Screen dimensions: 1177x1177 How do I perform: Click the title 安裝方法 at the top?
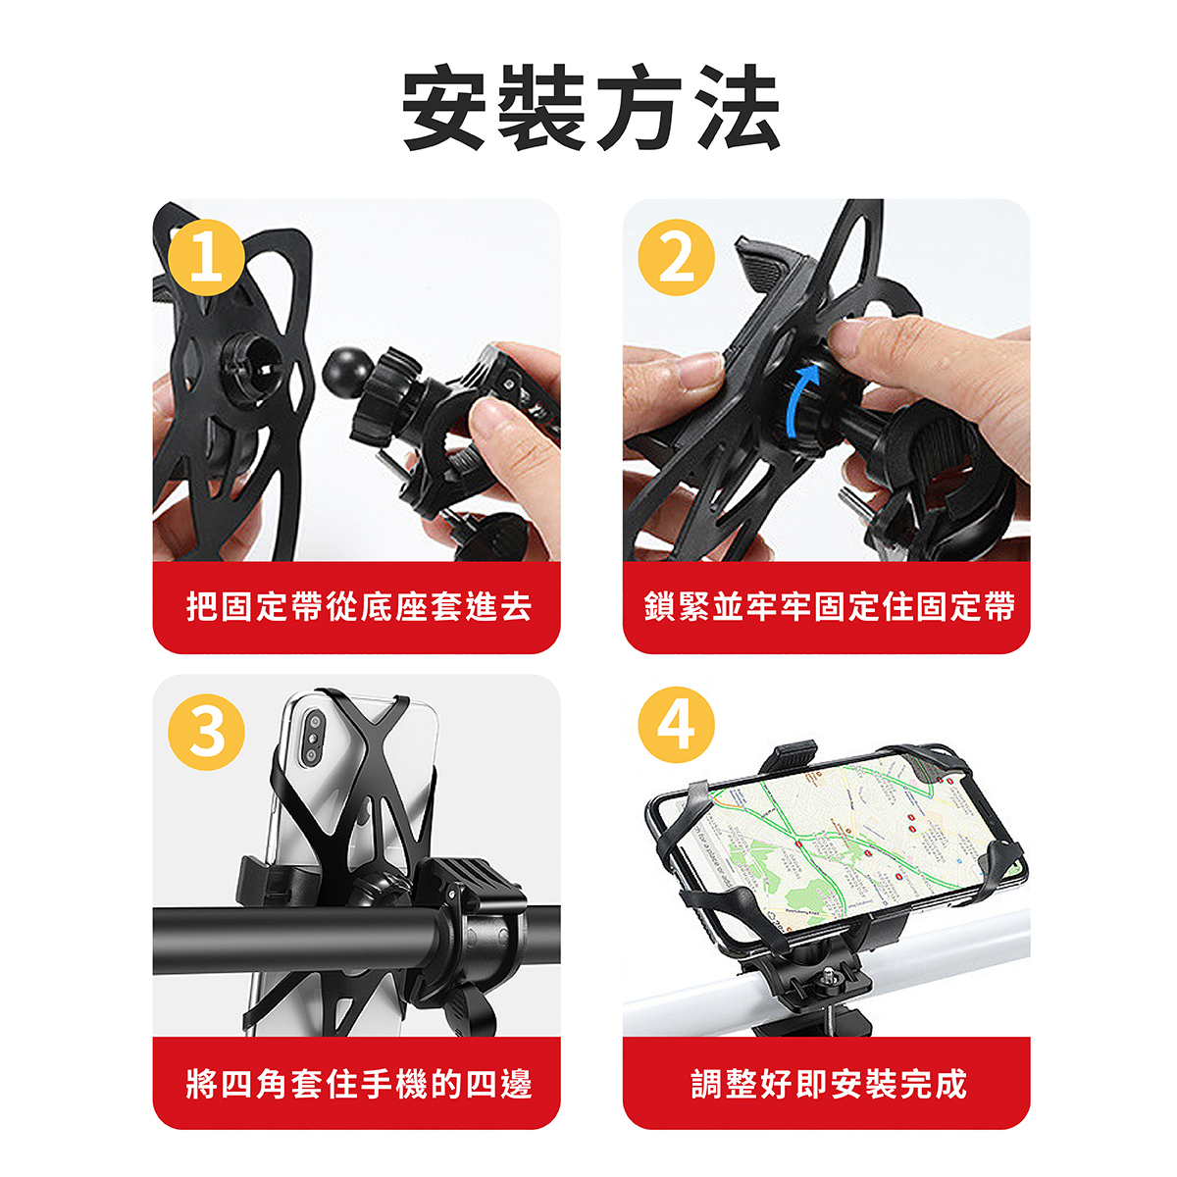(x=590, y=108)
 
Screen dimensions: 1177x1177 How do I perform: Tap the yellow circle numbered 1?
(x=206, y=258)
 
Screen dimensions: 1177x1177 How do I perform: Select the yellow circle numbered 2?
(x=676, y=258)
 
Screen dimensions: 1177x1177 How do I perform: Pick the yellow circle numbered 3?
(x=206, y=732)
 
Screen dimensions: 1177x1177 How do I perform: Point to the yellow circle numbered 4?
(x=676, y=725)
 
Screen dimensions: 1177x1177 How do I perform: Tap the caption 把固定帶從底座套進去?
(x=359, y=606)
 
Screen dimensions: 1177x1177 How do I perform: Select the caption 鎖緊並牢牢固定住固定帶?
(x=829, y=606)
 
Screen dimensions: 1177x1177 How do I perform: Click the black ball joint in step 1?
(x=347, y=373)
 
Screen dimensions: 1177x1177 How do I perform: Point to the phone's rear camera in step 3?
(x=313, y=739)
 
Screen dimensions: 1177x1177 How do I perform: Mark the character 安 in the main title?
(x=444, y=108)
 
